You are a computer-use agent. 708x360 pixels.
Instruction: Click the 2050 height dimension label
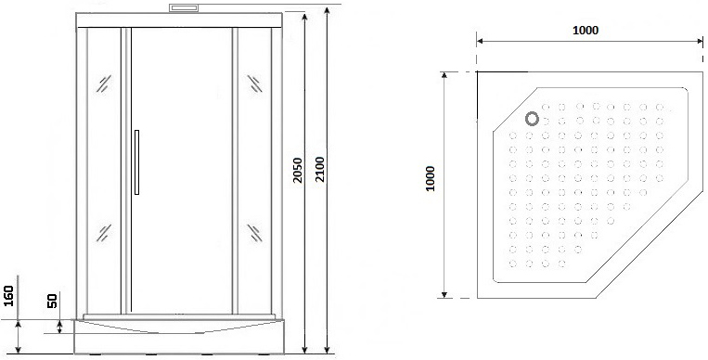click(x=297, y=170)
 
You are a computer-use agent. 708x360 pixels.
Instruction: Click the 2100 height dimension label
click(x=320, y=170)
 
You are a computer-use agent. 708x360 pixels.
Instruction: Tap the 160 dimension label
click(x=9, y=296)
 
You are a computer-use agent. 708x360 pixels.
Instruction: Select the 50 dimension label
click(x=52, y=301)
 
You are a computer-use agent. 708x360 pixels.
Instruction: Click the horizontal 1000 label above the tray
click(x=586, y=31)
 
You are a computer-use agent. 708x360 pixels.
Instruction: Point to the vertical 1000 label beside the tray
click(x=430, y=178)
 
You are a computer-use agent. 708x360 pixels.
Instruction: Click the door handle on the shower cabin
click(x=136, y=162)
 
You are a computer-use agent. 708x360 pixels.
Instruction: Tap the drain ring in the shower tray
click(x=533, y=119)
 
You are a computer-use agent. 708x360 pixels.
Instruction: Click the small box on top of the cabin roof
click(x=184, y=8)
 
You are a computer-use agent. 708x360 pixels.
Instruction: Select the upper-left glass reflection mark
click(x=104, y=84)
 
